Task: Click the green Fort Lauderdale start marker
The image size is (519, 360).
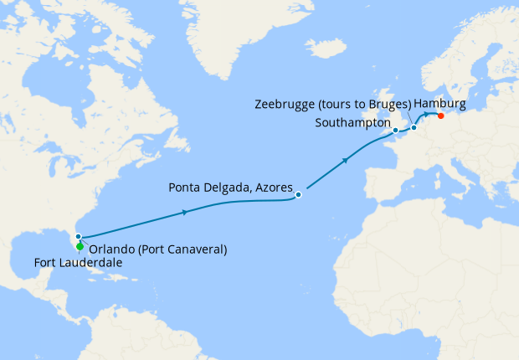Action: (80, 247)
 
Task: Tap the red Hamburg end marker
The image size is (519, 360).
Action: (441, 116)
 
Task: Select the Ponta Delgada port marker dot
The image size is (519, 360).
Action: (298, 195)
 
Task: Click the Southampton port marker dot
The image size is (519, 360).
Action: (395, 131)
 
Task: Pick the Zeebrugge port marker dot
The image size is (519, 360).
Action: (414, 127)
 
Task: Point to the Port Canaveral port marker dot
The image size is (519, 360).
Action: (78, 237)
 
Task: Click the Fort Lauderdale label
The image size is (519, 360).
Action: (77, 263)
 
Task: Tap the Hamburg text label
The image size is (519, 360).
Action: (439, 103)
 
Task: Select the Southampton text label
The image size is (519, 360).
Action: (352, 122)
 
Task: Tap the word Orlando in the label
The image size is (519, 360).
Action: (112, 249)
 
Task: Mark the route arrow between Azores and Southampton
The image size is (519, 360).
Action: (347, 159)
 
